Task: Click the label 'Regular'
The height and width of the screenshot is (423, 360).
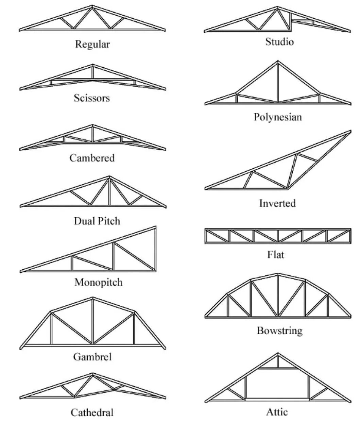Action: (92, 44)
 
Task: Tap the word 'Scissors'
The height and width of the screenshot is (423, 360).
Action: (92, 98)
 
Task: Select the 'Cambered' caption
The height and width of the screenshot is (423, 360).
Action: (92, 158)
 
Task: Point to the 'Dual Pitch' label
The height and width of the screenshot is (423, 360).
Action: (97, 221)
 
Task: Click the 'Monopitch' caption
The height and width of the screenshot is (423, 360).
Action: (99, 282)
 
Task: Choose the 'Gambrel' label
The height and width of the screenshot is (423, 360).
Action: (92, 357)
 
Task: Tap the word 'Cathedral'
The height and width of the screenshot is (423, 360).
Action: (92, 412)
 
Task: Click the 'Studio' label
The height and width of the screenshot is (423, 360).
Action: (279, 42)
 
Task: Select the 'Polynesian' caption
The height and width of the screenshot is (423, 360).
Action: (278, 117)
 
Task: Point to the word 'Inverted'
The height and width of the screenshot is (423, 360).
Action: (277, 203)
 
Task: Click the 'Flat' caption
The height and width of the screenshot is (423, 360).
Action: (276, 254)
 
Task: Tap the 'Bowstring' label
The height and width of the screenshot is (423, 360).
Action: (279, 331)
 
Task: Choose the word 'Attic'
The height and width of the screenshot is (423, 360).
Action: (277, 412)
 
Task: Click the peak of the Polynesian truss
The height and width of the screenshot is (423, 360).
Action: (278, 62)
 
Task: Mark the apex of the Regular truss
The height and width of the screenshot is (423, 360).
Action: (92, 6)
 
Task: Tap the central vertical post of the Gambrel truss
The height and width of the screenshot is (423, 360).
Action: (92, 321)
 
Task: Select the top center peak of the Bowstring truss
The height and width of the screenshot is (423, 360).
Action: (278, 274)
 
